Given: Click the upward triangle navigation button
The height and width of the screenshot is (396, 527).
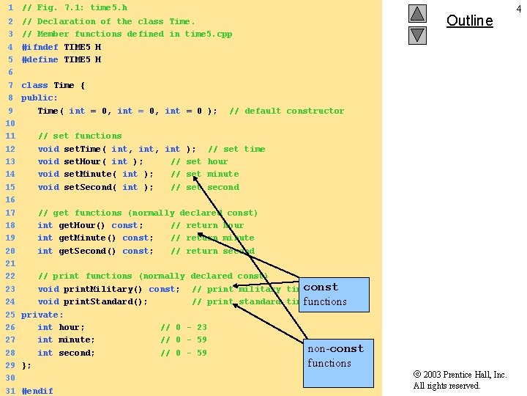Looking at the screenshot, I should [417, 13].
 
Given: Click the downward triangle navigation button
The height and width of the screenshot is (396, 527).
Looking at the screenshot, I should [417, 34].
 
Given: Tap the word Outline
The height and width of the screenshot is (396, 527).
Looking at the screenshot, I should [469, 21].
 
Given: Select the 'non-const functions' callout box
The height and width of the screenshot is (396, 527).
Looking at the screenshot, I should [334, 356].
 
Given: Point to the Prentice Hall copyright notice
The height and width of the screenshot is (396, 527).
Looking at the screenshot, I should [460, 380].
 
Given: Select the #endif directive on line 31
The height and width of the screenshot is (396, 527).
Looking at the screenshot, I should [37, 391].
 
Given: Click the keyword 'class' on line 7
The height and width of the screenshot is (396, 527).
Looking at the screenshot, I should [34, 85].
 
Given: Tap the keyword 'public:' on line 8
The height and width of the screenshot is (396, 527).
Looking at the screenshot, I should [40, 98].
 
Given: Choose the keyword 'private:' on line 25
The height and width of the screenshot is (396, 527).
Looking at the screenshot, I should [42, 315].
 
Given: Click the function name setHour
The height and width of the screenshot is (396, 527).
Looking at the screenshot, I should [83, 161].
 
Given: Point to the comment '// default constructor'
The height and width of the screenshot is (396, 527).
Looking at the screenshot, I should [286, 111].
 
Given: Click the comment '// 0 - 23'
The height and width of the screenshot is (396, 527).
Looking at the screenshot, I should [184, 327].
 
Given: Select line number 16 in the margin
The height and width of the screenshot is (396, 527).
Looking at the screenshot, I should [10, 199].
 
